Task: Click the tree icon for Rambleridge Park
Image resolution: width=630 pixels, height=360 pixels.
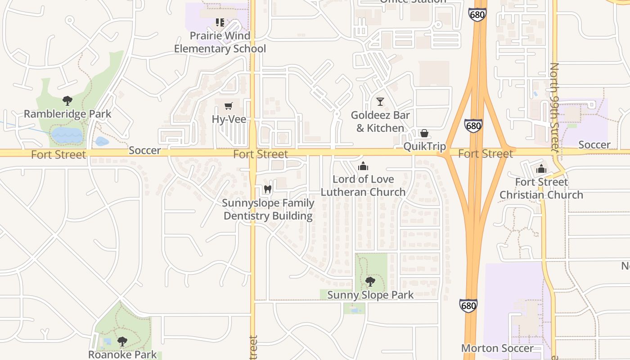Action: click(67, 100)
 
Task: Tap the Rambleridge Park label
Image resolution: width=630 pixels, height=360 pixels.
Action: click(67, 114)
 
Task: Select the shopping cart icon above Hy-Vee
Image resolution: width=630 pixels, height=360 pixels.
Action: click(229, 106)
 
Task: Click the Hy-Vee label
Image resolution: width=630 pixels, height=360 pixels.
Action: click(229, 119)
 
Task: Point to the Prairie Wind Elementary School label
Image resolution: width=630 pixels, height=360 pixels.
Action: click(220, 42)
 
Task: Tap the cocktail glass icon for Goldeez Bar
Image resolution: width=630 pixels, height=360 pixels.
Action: click(380, 102)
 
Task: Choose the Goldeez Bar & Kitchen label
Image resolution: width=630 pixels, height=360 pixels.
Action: click(380, 121)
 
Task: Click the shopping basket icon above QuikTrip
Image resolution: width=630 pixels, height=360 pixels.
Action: click(424, 133)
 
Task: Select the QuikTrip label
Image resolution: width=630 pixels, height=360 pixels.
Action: click(424, 146)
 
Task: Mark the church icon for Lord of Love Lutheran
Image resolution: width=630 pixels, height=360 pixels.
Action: click(363, 166)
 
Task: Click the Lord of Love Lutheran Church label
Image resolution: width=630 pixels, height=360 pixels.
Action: click(363, 185)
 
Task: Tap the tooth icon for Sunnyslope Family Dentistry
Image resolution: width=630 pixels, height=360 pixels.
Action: click(268, 189)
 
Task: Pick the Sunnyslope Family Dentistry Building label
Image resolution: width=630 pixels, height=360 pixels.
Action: click(268, 209)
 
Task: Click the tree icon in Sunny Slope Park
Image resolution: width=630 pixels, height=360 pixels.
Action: click(370, 282)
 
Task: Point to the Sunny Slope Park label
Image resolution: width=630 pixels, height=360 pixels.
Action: click(370, 295)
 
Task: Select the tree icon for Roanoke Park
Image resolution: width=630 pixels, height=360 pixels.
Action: click(122, 342)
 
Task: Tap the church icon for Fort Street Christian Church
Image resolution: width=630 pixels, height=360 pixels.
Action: click(541, 169)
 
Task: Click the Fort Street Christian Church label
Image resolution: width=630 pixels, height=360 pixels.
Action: click(541, 189)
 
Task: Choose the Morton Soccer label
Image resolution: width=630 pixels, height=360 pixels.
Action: click(497, 348)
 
